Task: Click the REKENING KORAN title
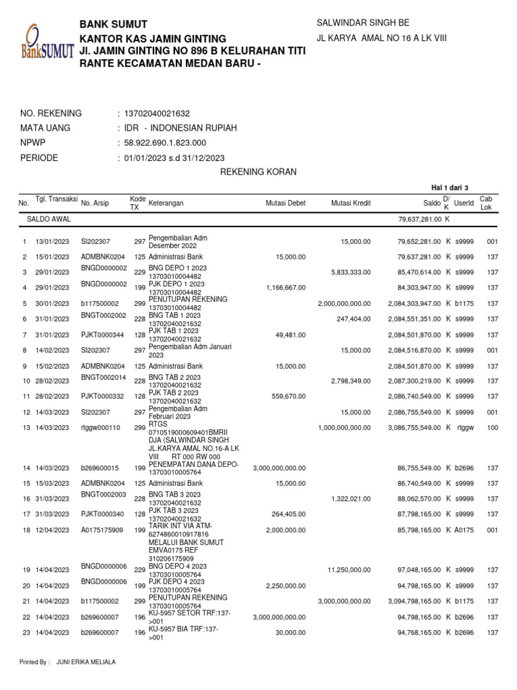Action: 258,172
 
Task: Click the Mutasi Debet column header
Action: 286,203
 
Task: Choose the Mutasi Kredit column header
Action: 351,203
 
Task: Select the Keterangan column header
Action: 166,203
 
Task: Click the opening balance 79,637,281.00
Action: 419,220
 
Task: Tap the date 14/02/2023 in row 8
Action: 53,350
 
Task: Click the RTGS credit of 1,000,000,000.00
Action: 343,428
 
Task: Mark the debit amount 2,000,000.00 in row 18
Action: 285,530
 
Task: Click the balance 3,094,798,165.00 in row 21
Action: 413,601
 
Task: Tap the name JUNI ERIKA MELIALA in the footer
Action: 85,662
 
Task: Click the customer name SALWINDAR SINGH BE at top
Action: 362,23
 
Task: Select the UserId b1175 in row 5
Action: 464,304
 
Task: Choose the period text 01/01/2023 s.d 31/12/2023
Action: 173,158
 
